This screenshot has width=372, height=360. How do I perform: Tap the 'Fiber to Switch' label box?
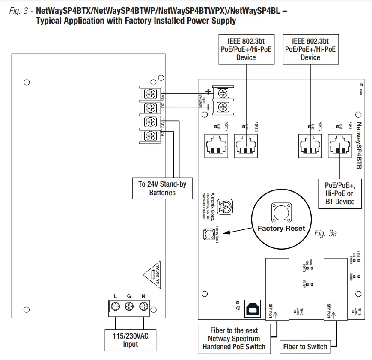[305, 347]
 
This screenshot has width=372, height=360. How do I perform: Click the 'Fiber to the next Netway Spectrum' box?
[234, 339]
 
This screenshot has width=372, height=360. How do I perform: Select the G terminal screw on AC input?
[129, 306]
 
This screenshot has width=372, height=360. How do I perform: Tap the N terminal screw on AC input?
[143, 306]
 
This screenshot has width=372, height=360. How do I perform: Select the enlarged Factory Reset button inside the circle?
[281, 212]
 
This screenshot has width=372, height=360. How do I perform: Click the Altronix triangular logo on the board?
[225, 206]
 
